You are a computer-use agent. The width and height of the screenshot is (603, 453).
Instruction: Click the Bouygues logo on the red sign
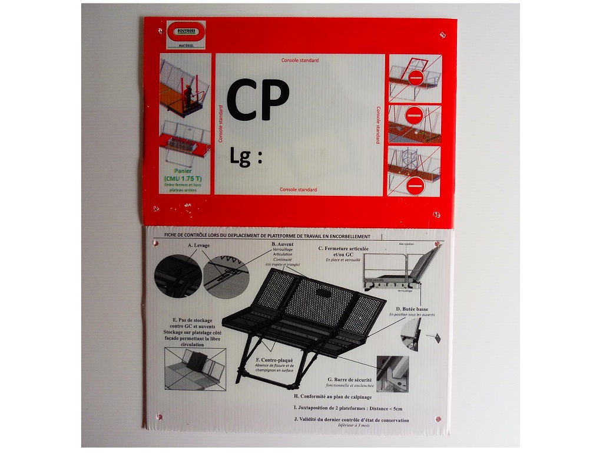[x=185, y=31]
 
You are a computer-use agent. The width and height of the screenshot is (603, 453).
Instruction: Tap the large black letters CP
[x=258, y=99]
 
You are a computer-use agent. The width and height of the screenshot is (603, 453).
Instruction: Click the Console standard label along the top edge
[x=300, y=60]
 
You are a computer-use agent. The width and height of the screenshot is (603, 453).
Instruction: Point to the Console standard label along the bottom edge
[x=298, y=190]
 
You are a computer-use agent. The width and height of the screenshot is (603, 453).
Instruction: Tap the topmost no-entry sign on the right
[x=416, y=77]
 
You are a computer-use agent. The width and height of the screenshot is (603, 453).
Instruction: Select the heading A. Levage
[x=198, y=245]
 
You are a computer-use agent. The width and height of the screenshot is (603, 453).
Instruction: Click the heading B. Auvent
[x=282, y=244]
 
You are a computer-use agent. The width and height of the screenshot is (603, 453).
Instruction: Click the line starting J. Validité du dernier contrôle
[x=350, y=420]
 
